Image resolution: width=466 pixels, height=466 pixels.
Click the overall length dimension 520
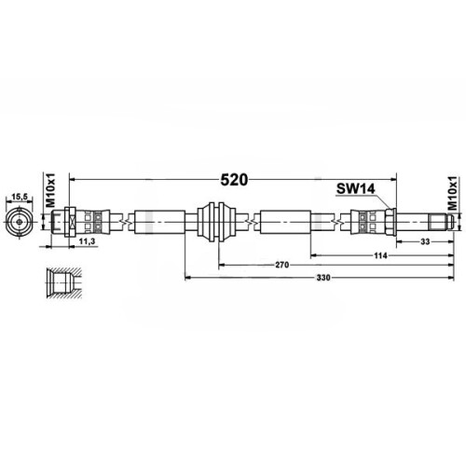pos(234,180)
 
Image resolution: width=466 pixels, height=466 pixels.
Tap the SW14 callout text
pos(356,188)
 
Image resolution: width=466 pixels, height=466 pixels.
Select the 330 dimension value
pos(323,278)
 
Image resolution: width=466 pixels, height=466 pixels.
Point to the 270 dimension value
pos(282,265)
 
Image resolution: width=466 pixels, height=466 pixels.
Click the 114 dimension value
pos(380,255)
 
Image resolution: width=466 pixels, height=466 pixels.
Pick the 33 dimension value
pos(425,241)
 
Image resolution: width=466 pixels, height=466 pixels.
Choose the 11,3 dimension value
pos(87,241)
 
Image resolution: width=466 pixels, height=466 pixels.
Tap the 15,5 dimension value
pos(20,197)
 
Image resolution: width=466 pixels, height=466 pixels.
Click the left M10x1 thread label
pos(49,190)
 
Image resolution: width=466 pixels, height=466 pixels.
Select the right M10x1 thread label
pos(453,193)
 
